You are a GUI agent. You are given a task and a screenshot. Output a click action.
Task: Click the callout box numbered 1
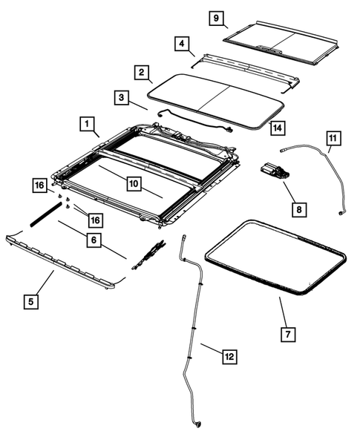pos(87,122)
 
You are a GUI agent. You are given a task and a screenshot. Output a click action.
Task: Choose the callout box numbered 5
pos(31,301)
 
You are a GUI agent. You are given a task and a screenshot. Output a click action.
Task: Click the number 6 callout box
pos(92,240)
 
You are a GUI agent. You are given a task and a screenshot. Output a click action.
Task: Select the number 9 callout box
pos(215,19)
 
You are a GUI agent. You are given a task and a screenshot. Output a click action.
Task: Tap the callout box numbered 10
pos(133,183)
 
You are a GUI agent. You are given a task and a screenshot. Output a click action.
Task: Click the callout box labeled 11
pos(333,137)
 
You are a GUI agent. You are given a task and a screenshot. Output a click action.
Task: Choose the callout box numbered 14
pos(276,128)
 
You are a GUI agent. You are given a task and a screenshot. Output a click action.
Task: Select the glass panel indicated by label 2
pos(215,94)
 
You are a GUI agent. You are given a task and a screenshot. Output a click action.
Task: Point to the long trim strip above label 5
pos(67,259)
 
